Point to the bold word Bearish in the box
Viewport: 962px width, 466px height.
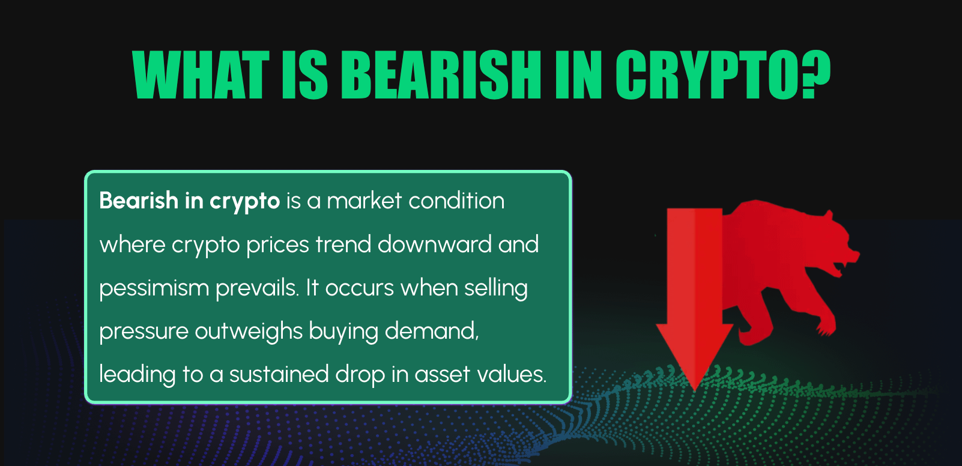click(x=139, y=201)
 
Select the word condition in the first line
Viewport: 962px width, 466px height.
click(x=456, y=201)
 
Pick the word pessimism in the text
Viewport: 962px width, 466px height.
click(x=154, y=288)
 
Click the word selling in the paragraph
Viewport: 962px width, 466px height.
click(x=495, y=288)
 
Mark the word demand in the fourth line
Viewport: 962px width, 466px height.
click(x=431, y=331)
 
